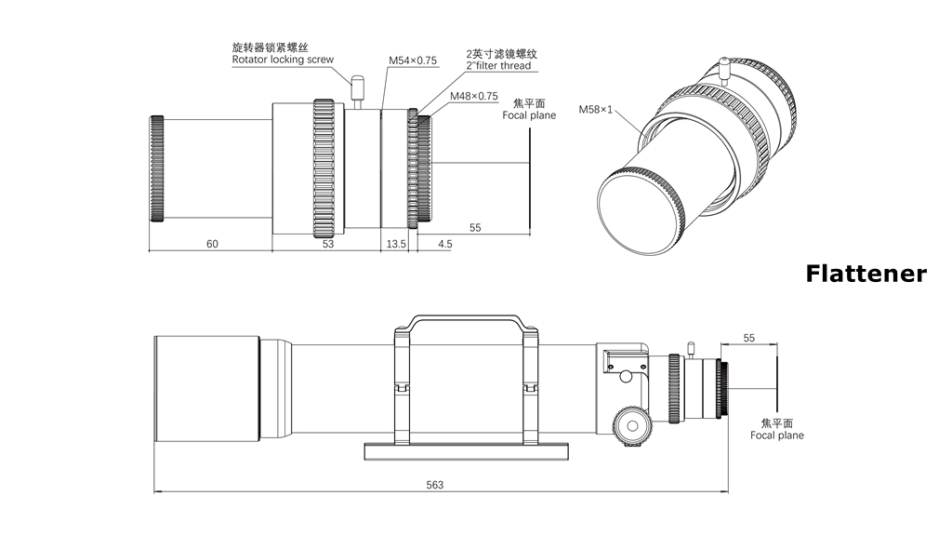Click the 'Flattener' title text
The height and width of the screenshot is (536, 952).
coord(866,274)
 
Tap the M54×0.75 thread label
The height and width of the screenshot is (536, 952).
coord(413,61)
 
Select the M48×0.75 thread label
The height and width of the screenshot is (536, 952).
coord(474,96)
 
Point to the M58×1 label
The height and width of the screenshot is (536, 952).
coord(596,110)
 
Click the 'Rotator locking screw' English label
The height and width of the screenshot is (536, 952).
coord(283,60)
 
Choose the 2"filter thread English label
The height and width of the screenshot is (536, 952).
coord(499,66)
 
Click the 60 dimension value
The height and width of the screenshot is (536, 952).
coord(212,244)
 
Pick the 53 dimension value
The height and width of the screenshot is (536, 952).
coord(327,244)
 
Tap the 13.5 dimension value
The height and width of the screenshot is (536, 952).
coord(396,244)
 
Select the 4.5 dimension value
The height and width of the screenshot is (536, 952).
coord(444,244)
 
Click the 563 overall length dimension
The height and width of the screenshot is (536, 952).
coord(435,484)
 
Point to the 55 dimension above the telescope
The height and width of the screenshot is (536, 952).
coord(749,338)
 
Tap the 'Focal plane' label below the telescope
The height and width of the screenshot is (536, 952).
coord(777,435)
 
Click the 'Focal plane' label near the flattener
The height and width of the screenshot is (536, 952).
coord(529,115)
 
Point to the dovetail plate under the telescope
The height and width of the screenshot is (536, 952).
coord(465,451)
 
